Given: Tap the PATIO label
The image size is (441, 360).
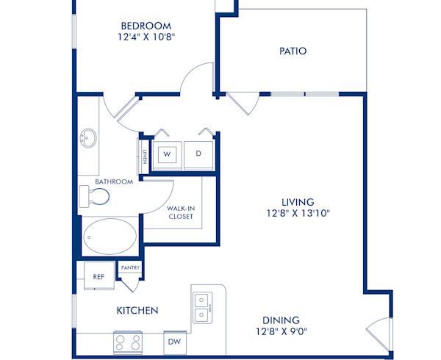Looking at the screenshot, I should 293,51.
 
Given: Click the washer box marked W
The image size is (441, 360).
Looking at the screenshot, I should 167,154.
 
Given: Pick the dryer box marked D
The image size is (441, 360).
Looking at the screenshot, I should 198,154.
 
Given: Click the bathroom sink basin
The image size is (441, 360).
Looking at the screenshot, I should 88,137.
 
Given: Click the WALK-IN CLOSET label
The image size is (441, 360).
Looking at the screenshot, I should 180,212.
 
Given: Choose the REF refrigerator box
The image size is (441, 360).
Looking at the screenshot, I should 98,276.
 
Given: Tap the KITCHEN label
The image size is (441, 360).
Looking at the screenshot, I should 137,311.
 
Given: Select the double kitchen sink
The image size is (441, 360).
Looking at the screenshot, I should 202,306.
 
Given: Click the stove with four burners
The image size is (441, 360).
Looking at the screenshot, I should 129,342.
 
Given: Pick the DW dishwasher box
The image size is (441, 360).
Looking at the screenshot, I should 174,342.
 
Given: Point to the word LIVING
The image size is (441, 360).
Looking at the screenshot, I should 298,202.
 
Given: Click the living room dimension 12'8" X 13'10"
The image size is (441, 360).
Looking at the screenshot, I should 298,214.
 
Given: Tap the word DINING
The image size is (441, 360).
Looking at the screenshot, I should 281,320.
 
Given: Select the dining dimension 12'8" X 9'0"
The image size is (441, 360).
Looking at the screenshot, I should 281,332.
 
